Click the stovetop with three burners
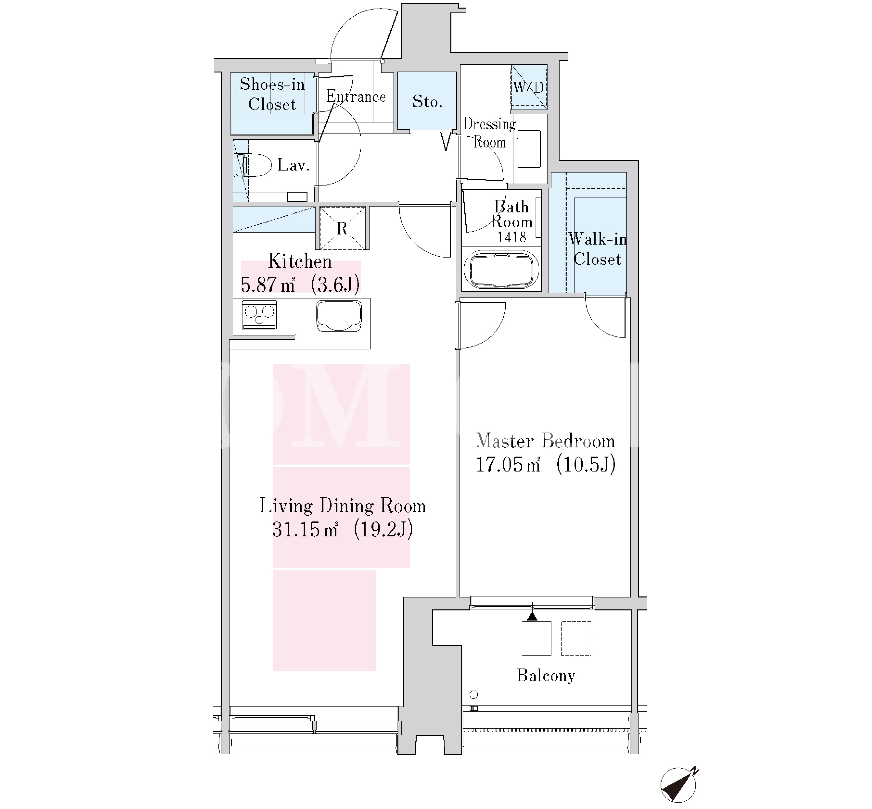coord(259,315)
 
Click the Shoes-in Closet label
coord(272,94)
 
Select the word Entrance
coord(356,96)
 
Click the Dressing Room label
coord(490,133)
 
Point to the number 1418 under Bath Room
coord(511,237)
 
